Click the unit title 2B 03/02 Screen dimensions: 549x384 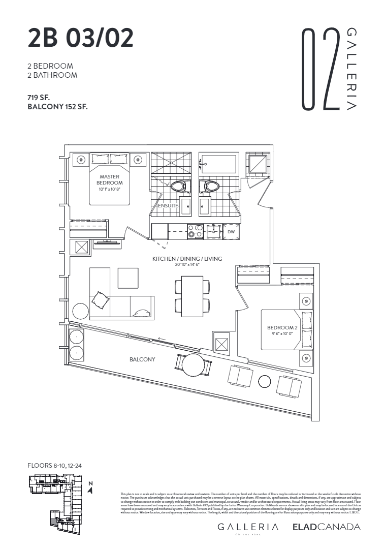click(x=81, y=38)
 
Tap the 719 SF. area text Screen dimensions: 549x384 click(x=39, y=97)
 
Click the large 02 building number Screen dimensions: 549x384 click(x=321, y=70)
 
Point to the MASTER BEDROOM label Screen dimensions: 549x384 click(x=110, y=180)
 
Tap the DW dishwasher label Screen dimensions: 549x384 click(x=231, y=231)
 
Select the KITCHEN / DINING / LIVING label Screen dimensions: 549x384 click(x=187, y=259)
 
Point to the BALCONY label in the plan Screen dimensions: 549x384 click(x=142, y=359)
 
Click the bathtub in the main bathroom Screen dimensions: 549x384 click(x=218, y=164)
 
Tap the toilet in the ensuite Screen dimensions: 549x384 click(x=179, y=186)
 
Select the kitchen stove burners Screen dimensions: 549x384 click(x=194, y=231)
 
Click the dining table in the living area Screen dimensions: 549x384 click(x=193, y=296)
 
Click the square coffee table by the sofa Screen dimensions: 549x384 click(x=128, y=278)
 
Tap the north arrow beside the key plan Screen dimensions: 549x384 click(x=90, y=489)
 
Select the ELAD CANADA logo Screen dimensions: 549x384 click(x=326, y=527)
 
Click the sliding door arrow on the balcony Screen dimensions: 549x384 click(x=161, y=339)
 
